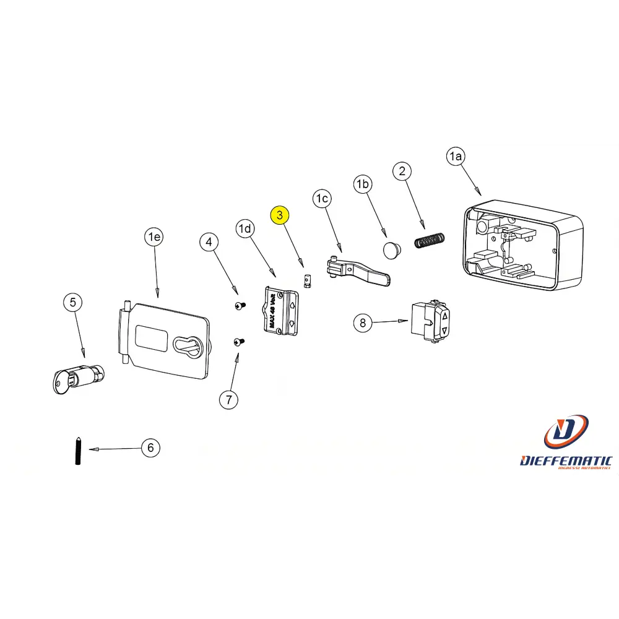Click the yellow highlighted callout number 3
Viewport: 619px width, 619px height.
coord(280,215)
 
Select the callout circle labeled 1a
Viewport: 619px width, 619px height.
coord(455,157)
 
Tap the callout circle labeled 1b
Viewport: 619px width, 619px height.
coord(363,184)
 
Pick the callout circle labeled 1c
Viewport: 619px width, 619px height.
coord(322,199)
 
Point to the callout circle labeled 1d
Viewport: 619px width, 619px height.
coord(246,229)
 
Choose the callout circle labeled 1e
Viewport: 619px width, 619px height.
coord(154,236)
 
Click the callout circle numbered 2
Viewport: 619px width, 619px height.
coord(402,171)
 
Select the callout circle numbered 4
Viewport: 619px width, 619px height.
coord(209,241)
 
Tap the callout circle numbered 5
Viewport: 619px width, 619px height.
coord(73,303)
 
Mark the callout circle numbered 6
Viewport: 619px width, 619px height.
coord(150,448)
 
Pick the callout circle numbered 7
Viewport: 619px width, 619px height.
coord(228,400)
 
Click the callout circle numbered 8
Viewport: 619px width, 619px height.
coord(363,322)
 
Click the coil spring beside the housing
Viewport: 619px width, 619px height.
coord(429,240)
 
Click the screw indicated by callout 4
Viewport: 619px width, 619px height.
coord(240,305)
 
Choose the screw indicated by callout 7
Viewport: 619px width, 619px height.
coord(239,341)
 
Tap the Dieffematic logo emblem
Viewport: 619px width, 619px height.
coord(566,431)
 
